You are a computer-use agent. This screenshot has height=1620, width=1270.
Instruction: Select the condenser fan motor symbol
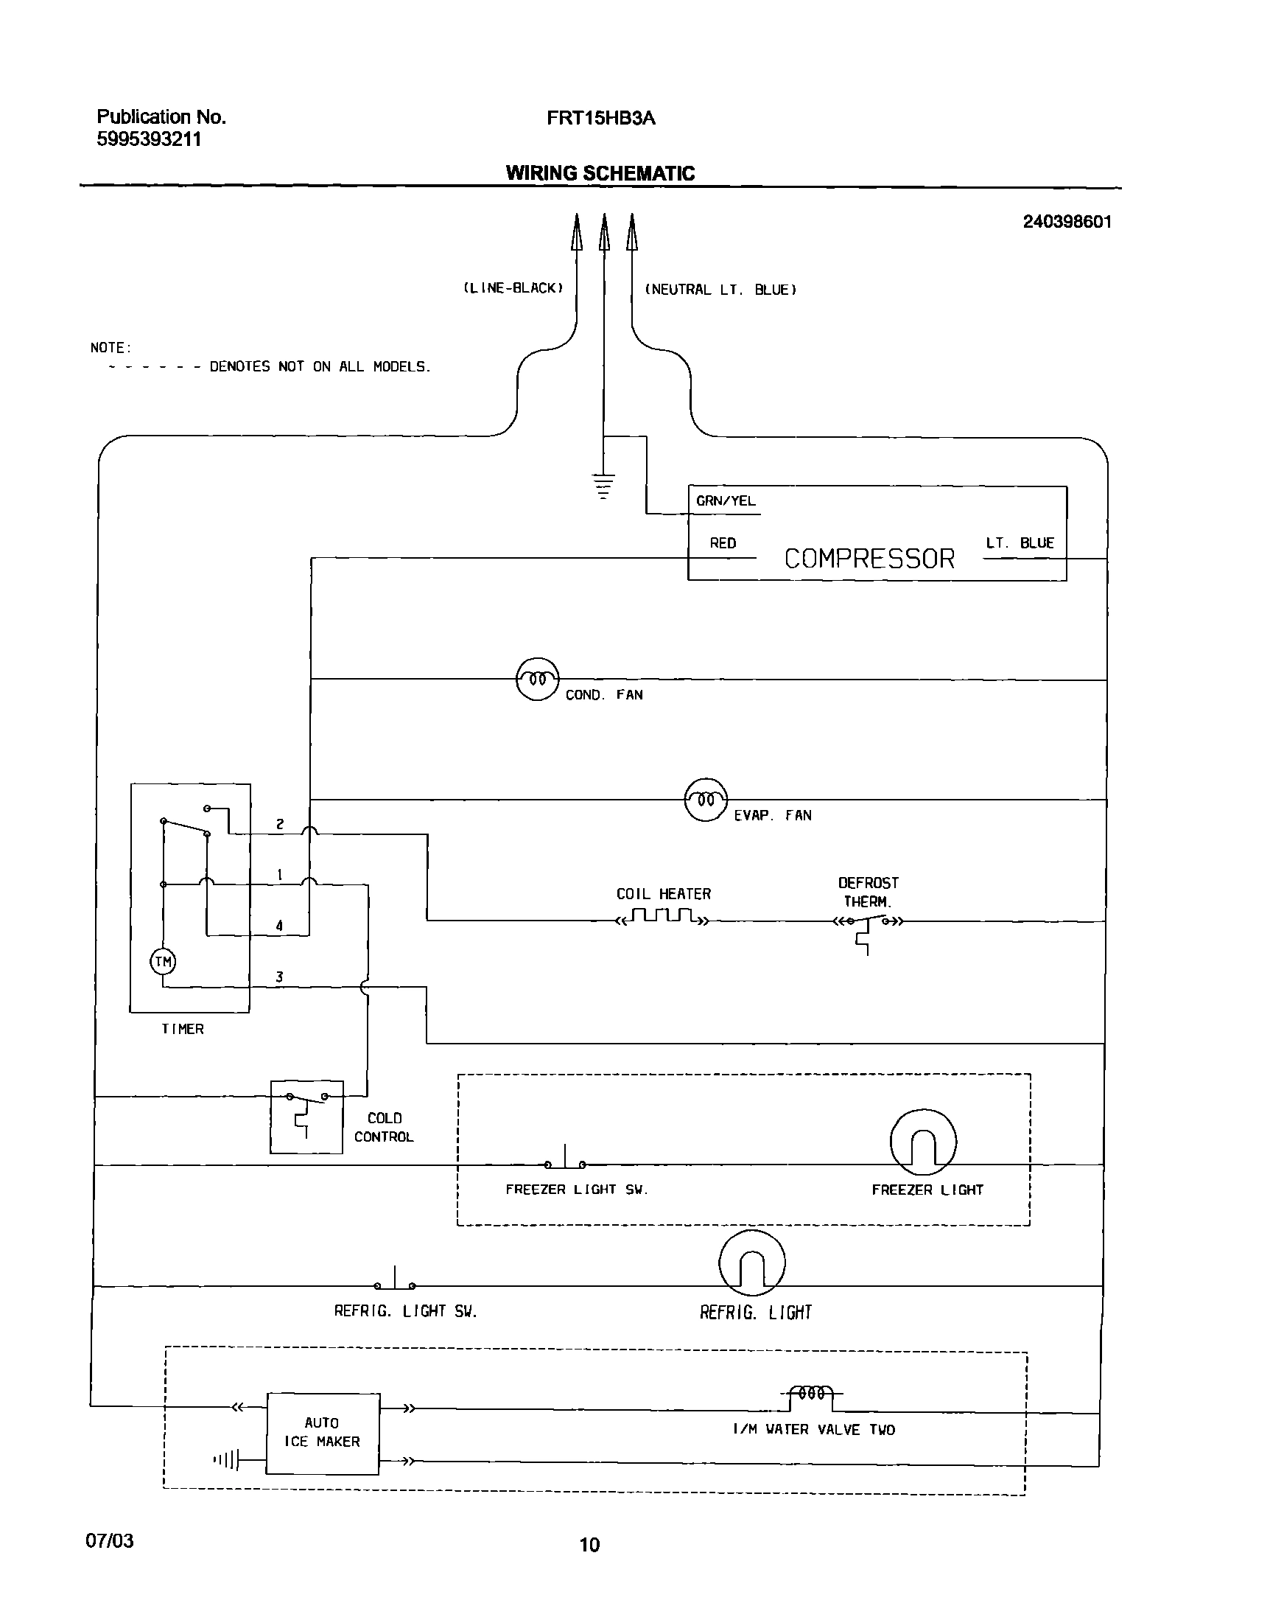537,679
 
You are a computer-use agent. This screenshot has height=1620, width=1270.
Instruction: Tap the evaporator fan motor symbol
706,800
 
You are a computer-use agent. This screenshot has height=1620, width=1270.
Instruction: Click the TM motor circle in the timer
163,962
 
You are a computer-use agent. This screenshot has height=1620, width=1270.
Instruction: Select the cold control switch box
306,1117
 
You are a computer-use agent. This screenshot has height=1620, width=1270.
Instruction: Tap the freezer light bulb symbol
923,1142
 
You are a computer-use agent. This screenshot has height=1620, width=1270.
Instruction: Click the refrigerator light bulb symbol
751,1263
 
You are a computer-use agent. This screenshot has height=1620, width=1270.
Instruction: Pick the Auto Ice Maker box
323,1433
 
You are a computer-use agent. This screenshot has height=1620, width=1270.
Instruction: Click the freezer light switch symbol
565,1162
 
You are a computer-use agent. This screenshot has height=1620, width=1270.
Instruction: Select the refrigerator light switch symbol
395,1282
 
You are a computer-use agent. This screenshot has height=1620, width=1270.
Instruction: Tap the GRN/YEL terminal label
725,501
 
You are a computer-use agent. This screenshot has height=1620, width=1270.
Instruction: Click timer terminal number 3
280,977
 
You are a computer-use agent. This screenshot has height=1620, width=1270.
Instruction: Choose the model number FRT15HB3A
601,118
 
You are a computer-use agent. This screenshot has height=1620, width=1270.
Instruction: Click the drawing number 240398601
1066,222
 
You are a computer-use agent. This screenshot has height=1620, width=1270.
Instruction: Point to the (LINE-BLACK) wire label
513,289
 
